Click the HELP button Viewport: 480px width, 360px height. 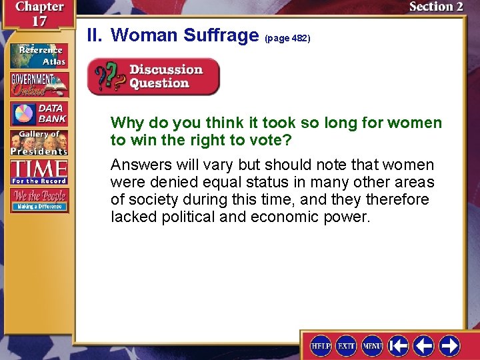pos(321,345)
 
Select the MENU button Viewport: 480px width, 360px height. pos(372,345)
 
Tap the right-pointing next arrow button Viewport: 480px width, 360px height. pos(449,345)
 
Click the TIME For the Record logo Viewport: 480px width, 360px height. pos(38,171)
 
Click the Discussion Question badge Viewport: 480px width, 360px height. pos(154,77)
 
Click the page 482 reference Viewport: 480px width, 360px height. pos(287,39)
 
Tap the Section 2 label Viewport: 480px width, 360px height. pos(436,7)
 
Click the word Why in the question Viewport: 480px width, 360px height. pos(125,123)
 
